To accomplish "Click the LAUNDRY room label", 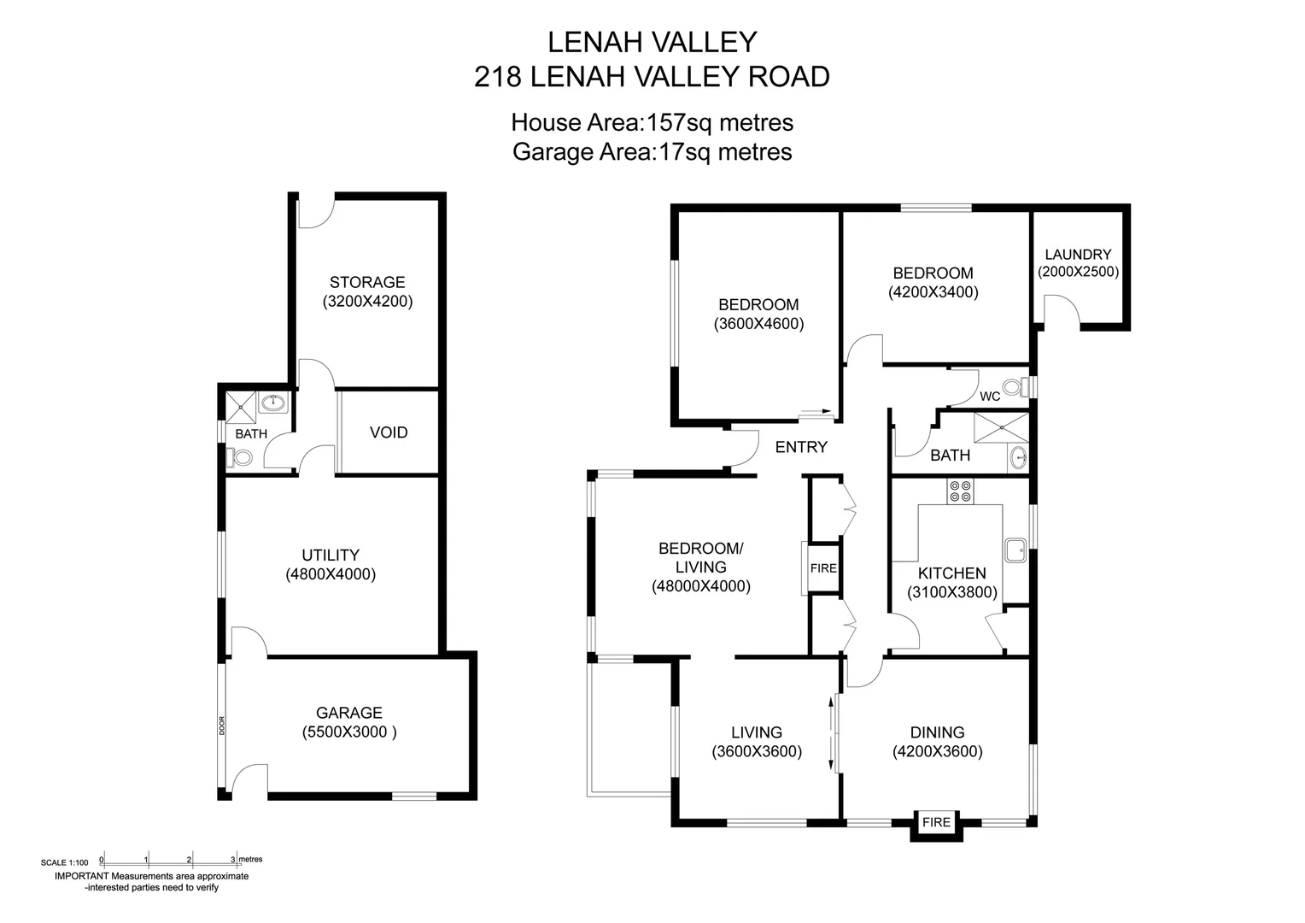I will coord(1078,254).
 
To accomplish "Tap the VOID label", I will coord(389,432).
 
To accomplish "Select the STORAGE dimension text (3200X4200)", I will coord(367,302).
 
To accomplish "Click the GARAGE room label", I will coord(348,713).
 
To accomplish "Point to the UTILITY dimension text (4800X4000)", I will coord(331,574).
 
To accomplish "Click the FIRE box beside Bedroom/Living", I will coord(822,568).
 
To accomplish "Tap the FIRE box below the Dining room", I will coord(936,822).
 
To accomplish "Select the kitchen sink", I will coord(1015,550).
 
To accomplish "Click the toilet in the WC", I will coord(1014,387).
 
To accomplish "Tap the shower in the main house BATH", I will coord(1001,427).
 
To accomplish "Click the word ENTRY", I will coord(800,447).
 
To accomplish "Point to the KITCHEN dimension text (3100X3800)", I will coord(951,592).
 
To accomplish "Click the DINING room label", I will coord(937,732).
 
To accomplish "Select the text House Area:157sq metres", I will coord(652,123).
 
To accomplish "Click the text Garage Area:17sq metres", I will coord(652,152).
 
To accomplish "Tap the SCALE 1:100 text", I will coord(64,862).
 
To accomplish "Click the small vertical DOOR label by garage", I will coord(222,726).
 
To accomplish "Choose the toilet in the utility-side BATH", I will coord(241,457).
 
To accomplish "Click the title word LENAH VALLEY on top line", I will coord(652,42).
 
